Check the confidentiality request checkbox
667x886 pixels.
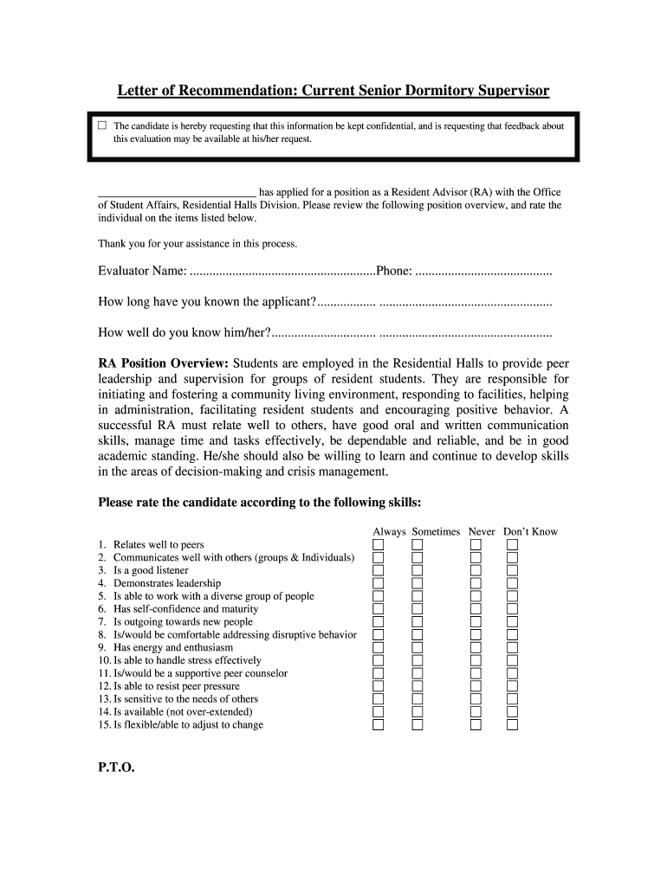coord(102,125)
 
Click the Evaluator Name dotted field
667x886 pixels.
coord(282,272)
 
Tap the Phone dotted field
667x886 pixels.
coord(483,272)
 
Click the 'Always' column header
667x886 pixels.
coord(389,531)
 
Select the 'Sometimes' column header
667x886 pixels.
coord(436,531)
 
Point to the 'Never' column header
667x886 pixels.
coord(482,531)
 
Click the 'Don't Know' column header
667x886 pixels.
coord(530,531)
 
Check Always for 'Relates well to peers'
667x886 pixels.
coord(378,545)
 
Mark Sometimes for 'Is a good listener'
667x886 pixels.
coord(418,571)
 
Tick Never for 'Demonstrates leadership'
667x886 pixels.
coord(476,584)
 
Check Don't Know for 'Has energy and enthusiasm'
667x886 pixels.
coord(512,648)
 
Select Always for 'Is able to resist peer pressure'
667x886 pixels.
coord(378,686)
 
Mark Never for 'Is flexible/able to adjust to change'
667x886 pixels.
coord(476,725)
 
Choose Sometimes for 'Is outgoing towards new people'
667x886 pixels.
coord(418,622)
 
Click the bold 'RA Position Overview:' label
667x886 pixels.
coord(163,363)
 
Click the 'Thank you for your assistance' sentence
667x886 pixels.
coord(198,243)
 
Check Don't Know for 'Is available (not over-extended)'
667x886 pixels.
coord(512,712)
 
